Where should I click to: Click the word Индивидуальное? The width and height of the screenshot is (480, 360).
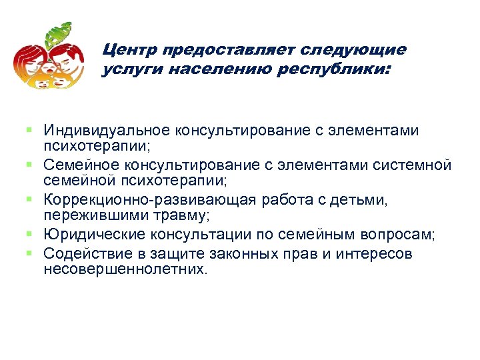pyautogui.click(x=107, y=130)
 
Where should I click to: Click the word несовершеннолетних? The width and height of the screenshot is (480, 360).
pyautogui.click(x=125, y=270)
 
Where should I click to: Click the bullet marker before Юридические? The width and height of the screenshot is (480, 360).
pyautogui.click(x=31, y=234)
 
